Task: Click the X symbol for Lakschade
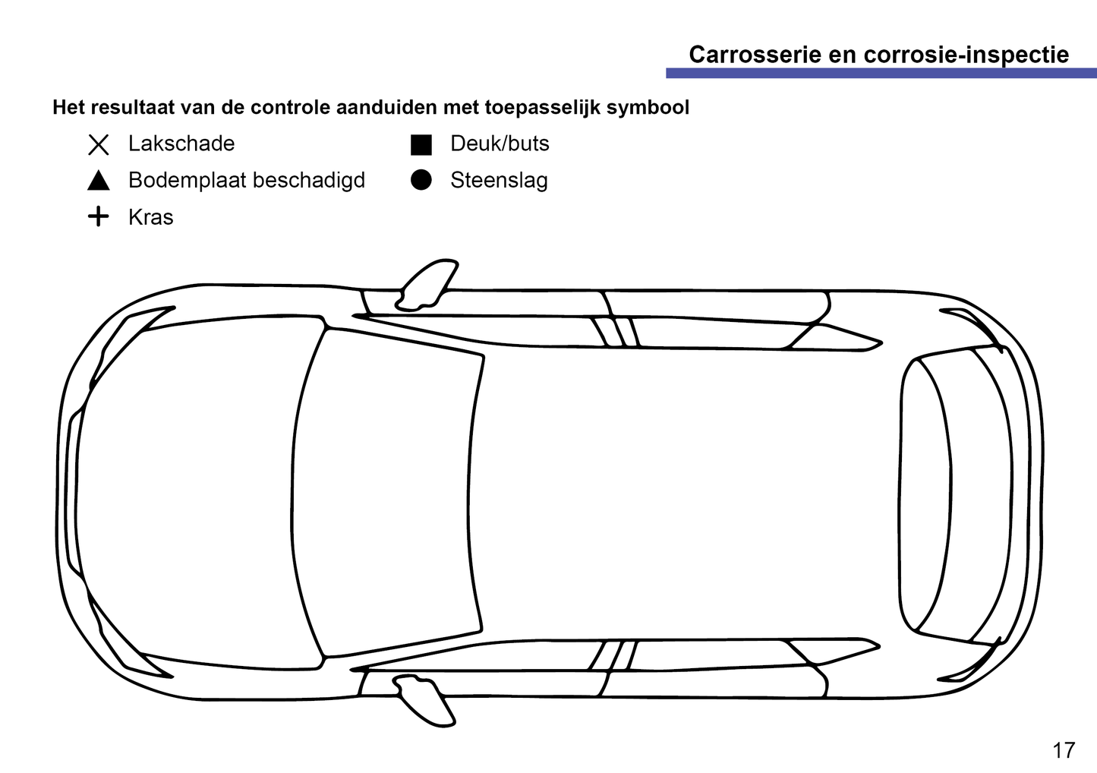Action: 99,144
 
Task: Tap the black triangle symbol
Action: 99,181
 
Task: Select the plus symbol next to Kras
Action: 99,217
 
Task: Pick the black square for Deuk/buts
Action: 421,144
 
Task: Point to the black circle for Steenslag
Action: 421,180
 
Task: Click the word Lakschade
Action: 181,144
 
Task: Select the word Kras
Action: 150,217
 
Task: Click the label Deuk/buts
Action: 500,144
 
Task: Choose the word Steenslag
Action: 499,180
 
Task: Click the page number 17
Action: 1064,750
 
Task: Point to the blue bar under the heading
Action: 881,73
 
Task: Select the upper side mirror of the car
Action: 428,285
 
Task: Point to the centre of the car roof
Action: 683,494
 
